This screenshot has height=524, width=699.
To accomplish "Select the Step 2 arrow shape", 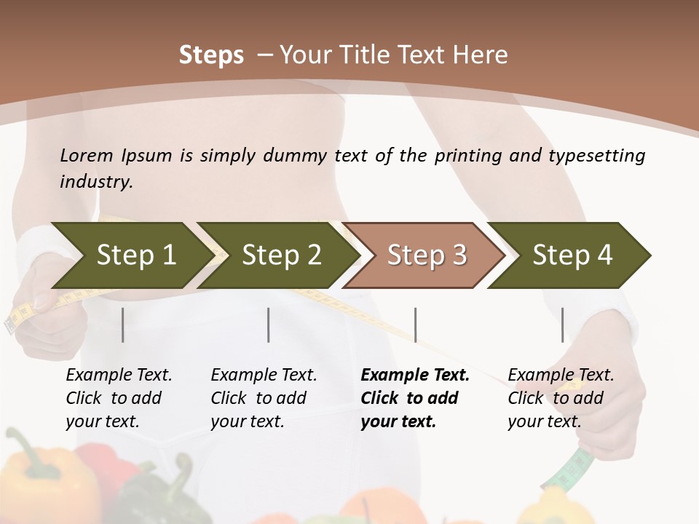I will [280, 255].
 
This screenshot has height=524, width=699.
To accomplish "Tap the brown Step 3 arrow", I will [425, 255].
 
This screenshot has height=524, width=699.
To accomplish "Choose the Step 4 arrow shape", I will [572, 255].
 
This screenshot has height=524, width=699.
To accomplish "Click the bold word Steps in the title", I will [211, 55].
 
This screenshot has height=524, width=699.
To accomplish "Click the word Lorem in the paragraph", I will [87, 156].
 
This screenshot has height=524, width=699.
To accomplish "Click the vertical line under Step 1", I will [122, 325].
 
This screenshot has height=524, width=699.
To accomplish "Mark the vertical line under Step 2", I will [269, 325].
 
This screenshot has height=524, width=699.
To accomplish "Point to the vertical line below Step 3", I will [415, 325].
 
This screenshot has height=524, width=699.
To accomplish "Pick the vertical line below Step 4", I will [562, 325].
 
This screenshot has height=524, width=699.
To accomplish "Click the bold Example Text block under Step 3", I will [414, 398].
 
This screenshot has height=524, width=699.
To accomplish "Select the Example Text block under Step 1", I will [118, 398].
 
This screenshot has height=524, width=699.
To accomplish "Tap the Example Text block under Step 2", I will [263, 398].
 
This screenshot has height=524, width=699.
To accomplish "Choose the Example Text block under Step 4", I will [560, 398].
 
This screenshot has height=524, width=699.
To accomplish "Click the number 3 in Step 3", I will [459, 255].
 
